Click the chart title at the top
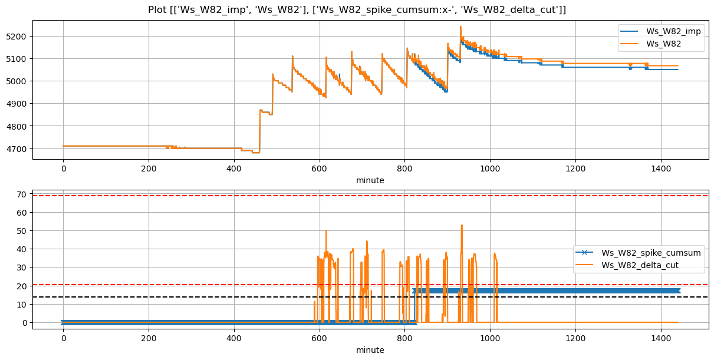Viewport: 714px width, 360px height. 356,9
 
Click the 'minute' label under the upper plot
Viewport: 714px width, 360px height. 370,180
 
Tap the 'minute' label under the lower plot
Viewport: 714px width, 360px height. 370,350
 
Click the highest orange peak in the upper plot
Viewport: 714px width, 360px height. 460,27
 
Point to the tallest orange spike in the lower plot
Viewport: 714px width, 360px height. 462,225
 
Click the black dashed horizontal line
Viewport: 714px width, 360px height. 236,297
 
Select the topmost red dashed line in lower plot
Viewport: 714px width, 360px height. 236,196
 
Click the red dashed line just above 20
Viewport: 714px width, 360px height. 236,285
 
